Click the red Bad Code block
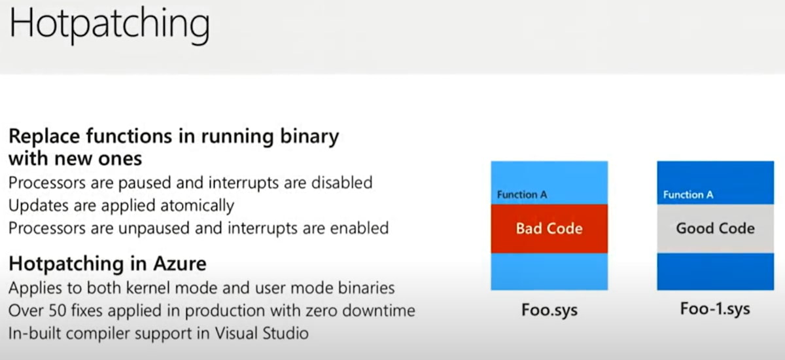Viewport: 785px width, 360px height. coord(549,228)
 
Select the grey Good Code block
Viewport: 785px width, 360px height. coord(715,228)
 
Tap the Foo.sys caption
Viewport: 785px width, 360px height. coord(549,310)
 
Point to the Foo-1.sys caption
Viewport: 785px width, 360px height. coord(715,309)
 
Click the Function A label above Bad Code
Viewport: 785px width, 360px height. coord(522,194)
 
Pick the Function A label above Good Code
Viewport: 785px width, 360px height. coord(688,194)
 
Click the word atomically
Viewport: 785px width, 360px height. coord(198,206)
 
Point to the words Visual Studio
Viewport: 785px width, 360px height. coord(262,333)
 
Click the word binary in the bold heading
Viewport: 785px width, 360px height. coord(309,137)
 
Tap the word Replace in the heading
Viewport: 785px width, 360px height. coord(44,137)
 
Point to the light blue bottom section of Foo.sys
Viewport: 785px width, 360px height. coord(549,272)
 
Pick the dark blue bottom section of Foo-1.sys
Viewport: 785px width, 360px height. coord(715,272)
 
